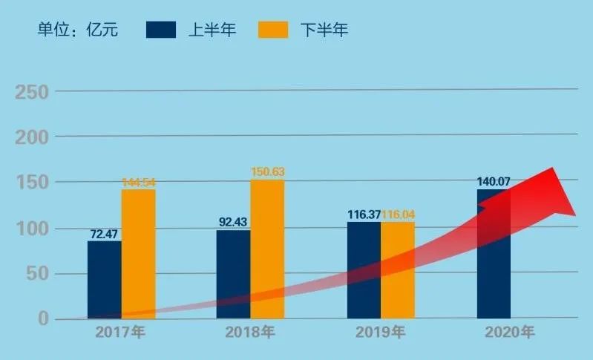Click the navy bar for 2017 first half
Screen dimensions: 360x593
tap(104, 278)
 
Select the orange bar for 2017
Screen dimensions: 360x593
tap(139, 252)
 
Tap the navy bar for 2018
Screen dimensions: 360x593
tap(233, 273)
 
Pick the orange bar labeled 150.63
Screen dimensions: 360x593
tap(267, 249)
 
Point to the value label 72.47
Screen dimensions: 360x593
tap(104, 235)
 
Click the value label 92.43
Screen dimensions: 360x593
tap(233, 221)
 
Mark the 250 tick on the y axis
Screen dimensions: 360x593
tap(32, 92)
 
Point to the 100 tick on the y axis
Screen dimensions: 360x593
tap(32, 229)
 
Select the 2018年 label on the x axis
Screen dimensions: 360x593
tap(250, 333)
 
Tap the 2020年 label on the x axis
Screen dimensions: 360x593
tap(508, 333)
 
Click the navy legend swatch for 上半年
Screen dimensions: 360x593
tap(161, 30)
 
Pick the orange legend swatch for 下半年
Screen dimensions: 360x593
tap(272, 30)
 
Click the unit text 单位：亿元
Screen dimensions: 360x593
tap(78, 30)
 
